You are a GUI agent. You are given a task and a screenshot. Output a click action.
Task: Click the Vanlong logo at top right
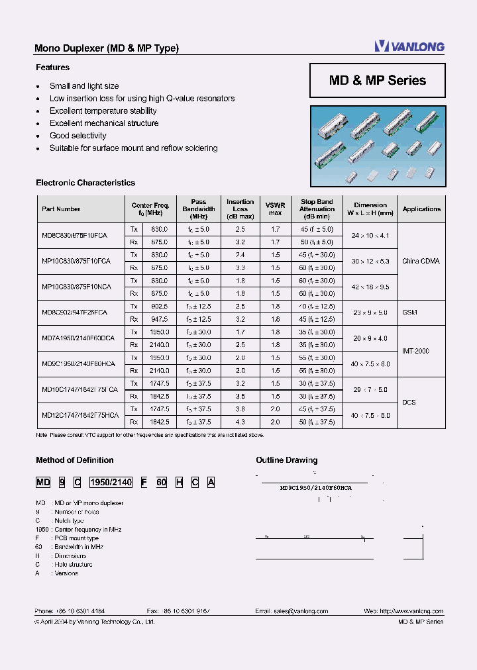pyautogui.click(x=409, y=46)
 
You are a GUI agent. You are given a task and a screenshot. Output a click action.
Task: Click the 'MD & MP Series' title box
pyautogui.click(x=378, y=81)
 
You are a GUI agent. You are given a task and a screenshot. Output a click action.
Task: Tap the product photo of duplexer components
pyautogui.click(x=378, y=146)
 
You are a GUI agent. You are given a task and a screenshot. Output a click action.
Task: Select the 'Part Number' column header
pyautogui.click(x=61, y=209)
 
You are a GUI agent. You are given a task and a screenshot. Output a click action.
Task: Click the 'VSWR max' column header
pyautogui.click(x=275, y=209)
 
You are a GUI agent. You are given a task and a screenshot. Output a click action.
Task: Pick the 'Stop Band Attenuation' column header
pyautogui.click(x=317, y=209)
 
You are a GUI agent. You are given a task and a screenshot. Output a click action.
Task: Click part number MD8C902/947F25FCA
pyautogui.click(x=74, y=312)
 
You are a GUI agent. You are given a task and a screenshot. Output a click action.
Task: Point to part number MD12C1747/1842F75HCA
pyautogui.click(x=79, y=415)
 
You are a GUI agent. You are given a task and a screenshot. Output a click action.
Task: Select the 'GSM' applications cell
pyautogui.click(x=409, y=312)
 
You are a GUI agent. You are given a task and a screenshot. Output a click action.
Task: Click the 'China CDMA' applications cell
pyautogui.click(x=421, y=261)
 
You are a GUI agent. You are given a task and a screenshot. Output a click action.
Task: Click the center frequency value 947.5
pyautogui.click(x=160, y=318)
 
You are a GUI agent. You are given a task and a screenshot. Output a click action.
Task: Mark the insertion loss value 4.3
pyautogui.click(x=240, y=422)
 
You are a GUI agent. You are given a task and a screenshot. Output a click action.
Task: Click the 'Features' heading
pyautogui.click(x=52, y=68)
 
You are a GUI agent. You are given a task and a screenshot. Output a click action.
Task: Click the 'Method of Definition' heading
pyautogui.click(x=74, y=460)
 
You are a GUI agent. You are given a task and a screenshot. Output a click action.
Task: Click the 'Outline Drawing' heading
pyautogui.click(x=286, y=460)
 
